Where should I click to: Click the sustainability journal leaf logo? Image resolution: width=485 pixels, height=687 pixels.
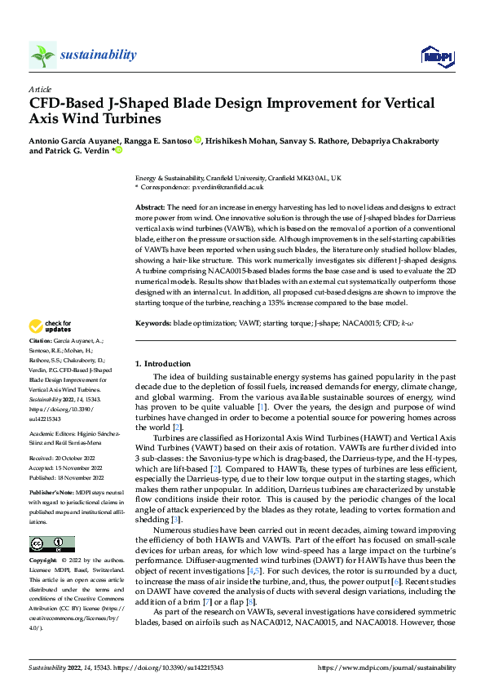pos(42,55)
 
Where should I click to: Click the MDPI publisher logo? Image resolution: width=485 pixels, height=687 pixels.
pos(435,55)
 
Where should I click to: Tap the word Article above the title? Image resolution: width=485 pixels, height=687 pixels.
pos(40,89)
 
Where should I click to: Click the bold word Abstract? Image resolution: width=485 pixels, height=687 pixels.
pos(150,209)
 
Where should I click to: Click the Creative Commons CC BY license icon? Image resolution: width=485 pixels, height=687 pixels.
pos(51,544)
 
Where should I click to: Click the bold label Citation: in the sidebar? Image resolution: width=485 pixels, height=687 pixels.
pos(41,340)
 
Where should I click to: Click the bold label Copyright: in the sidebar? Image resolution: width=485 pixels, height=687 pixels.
pos(42,561)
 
